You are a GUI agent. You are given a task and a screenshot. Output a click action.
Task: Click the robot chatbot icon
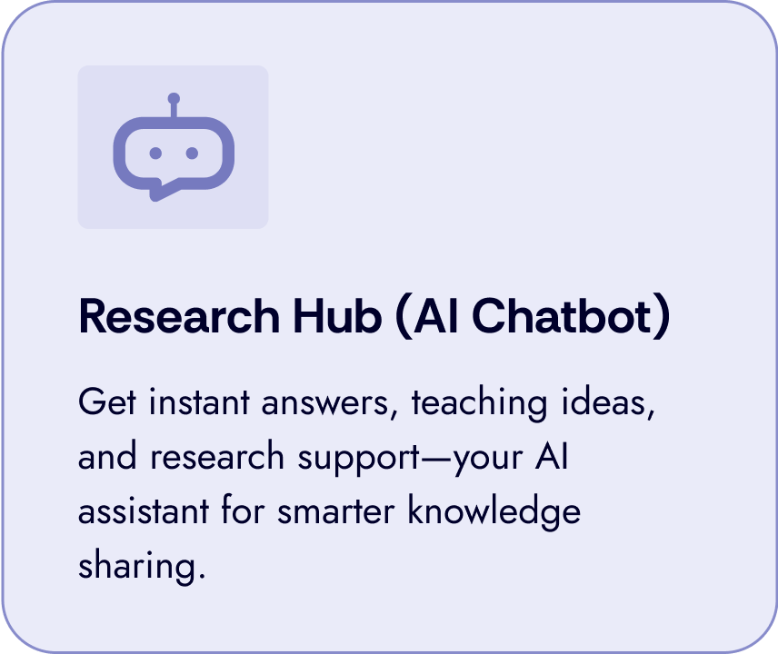(x=173, y=148)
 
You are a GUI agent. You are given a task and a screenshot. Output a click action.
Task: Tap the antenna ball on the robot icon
(x=174, y=98)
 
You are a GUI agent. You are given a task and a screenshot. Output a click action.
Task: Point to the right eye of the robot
(x=192, y=154)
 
